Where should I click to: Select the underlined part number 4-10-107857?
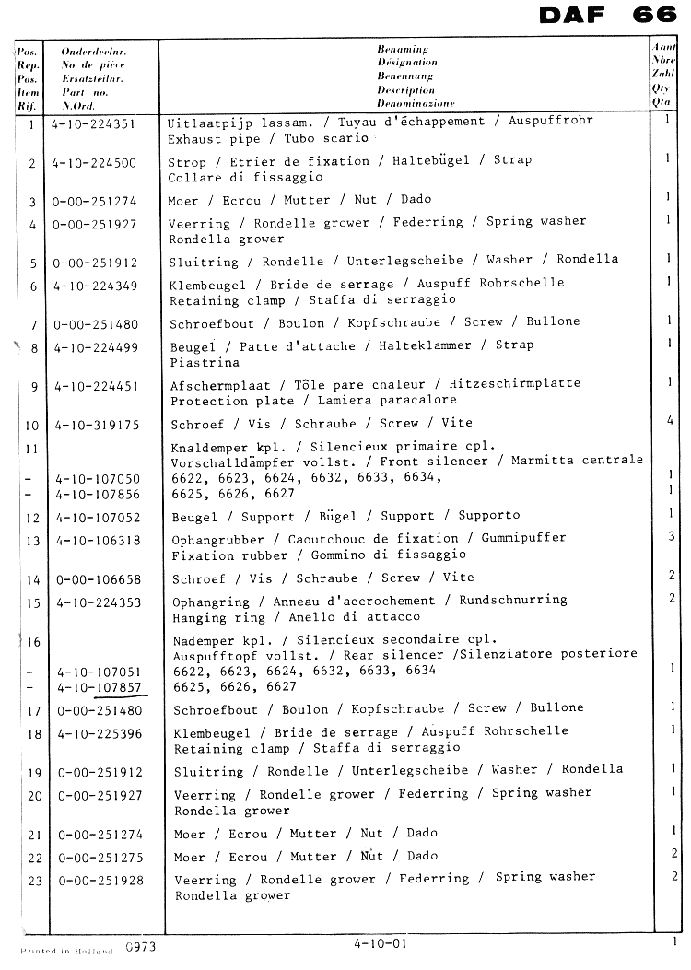pos(99,686)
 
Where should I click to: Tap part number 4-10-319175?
pos(96,425)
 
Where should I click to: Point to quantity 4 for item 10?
pos(670,421)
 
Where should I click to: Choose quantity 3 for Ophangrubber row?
pos(672,536)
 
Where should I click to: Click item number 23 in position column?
pos(35,881)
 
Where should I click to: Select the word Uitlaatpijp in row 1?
pos(205,122)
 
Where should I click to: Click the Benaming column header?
pos(403,48)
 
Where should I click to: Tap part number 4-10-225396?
pos(100,734)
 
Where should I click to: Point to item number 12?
pos(34,518)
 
